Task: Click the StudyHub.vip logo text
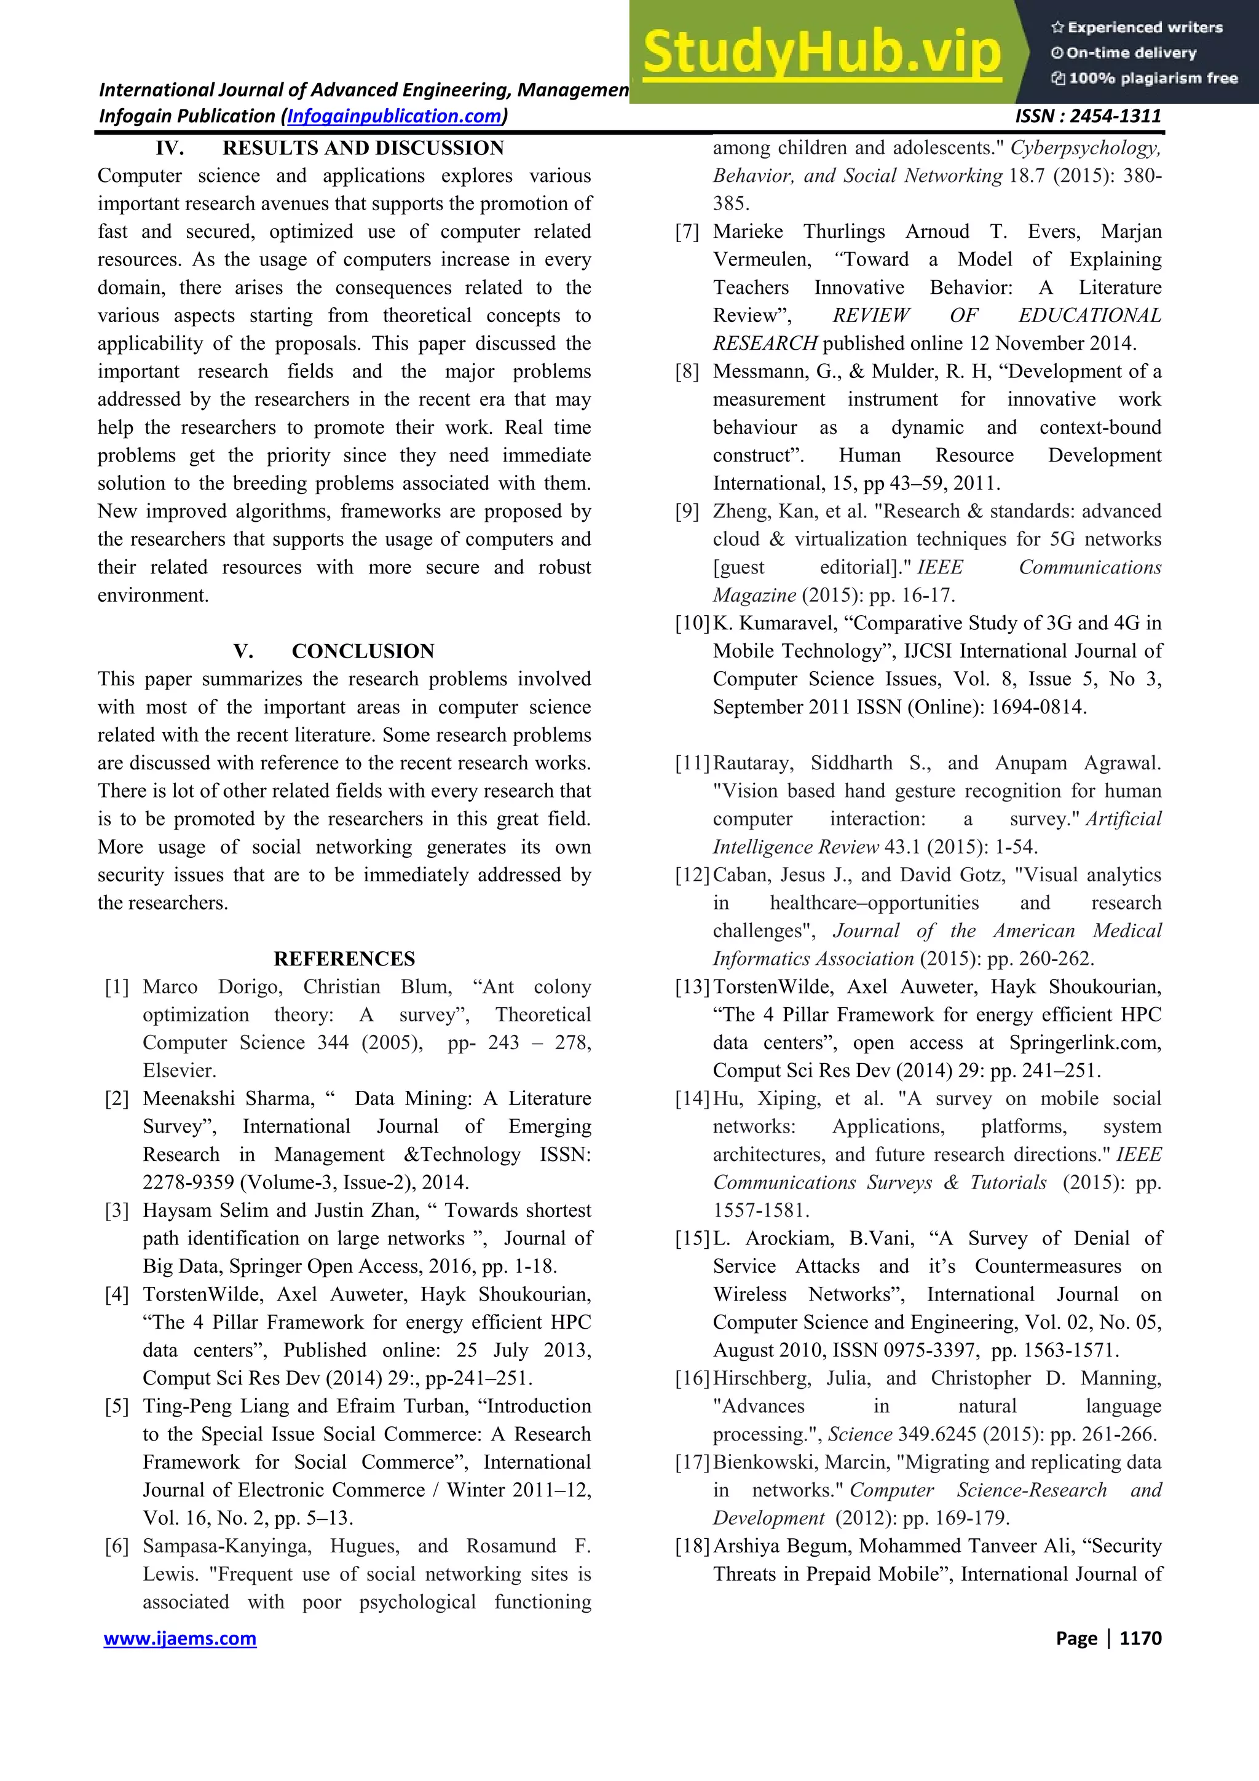pos(821,52)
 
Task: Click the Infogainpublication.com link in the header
pos(394,116)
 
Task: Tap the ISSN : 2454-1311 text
pos(1087,116)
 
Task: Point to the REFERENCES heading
pos(344,959)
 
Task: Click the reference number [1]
pos(117,987)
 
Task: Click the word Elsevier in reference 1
pos(179,1071)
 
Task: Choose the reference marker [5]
pos(117,1406)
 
